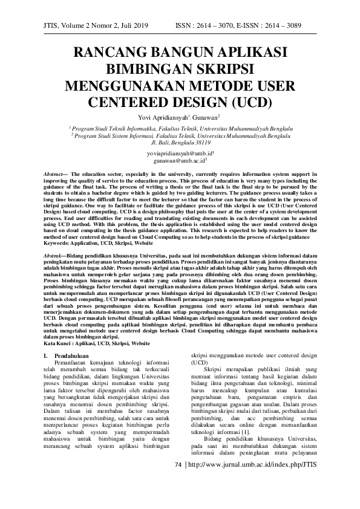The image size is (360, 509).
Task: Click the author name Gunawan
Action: (x=205, y=117)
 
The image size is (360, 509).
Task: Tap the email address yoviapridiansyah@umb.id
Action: (x=178, y=155)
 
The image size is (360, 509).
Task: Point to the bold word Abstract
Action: (x=53, y=173)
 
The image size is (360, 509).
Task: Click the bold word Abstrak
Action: (x=53, y=239)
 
